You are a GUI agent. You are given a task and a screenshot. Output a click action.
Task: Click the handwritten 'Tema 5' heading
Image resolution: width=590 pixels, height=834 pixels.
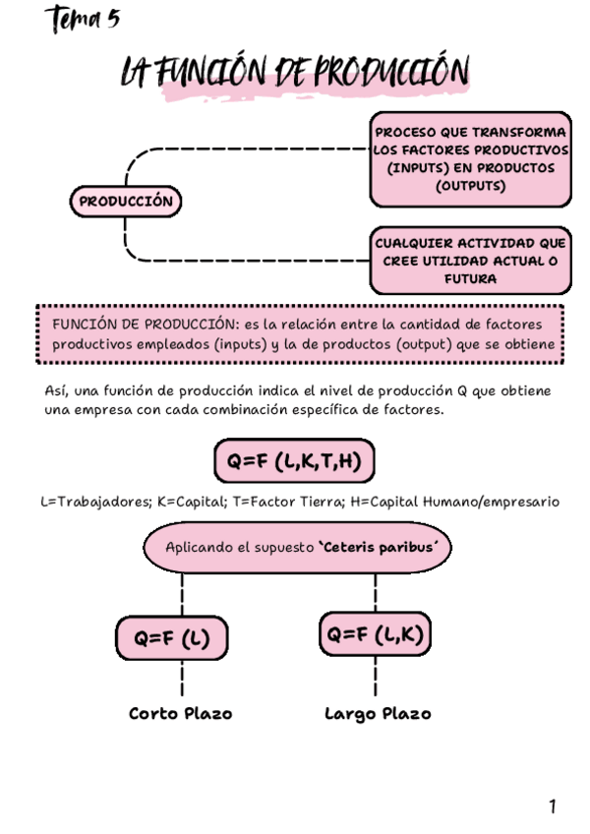[x=83, y=20]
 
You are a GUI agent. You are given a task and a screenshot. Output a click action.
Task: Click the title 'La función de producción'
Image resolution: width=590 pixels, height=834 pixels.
[x=295, y=74]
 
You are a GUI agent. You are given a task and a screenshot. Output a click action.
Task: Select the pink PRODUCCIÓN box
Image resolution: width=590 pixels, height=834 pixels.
[x=125, y=203]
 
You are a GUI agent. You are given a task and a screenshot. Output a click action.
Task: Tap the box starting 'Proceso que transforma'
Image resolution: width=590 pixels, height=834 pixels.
[x=471, y=158]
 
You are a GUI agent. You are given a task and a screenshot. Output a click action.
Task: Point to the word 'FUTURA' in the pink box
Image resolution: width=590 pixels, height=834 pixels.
[x=471, y=279]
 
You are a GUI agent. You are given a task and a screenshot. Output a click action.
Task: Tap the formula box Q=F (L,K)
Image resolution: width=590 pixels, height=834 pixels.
[x=376, y=635]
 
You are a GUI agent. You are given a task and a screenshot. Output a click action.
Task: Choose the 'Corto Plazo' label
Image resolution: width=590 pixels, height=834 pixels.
[x=181, y=713]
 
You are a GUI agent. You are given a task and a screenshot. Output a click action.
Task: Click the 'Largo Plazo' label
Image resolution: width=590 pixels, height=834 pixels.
[x=378, y=713]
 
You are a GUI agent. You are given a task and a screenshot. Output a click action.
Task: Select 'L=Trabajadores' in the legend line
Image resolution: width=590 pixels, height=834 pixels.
[x=89, y=502]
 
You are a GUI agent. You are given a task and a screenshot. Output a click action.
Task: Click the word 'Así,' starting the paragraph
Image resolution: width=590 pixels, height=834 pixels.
[x=58, y=390]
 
